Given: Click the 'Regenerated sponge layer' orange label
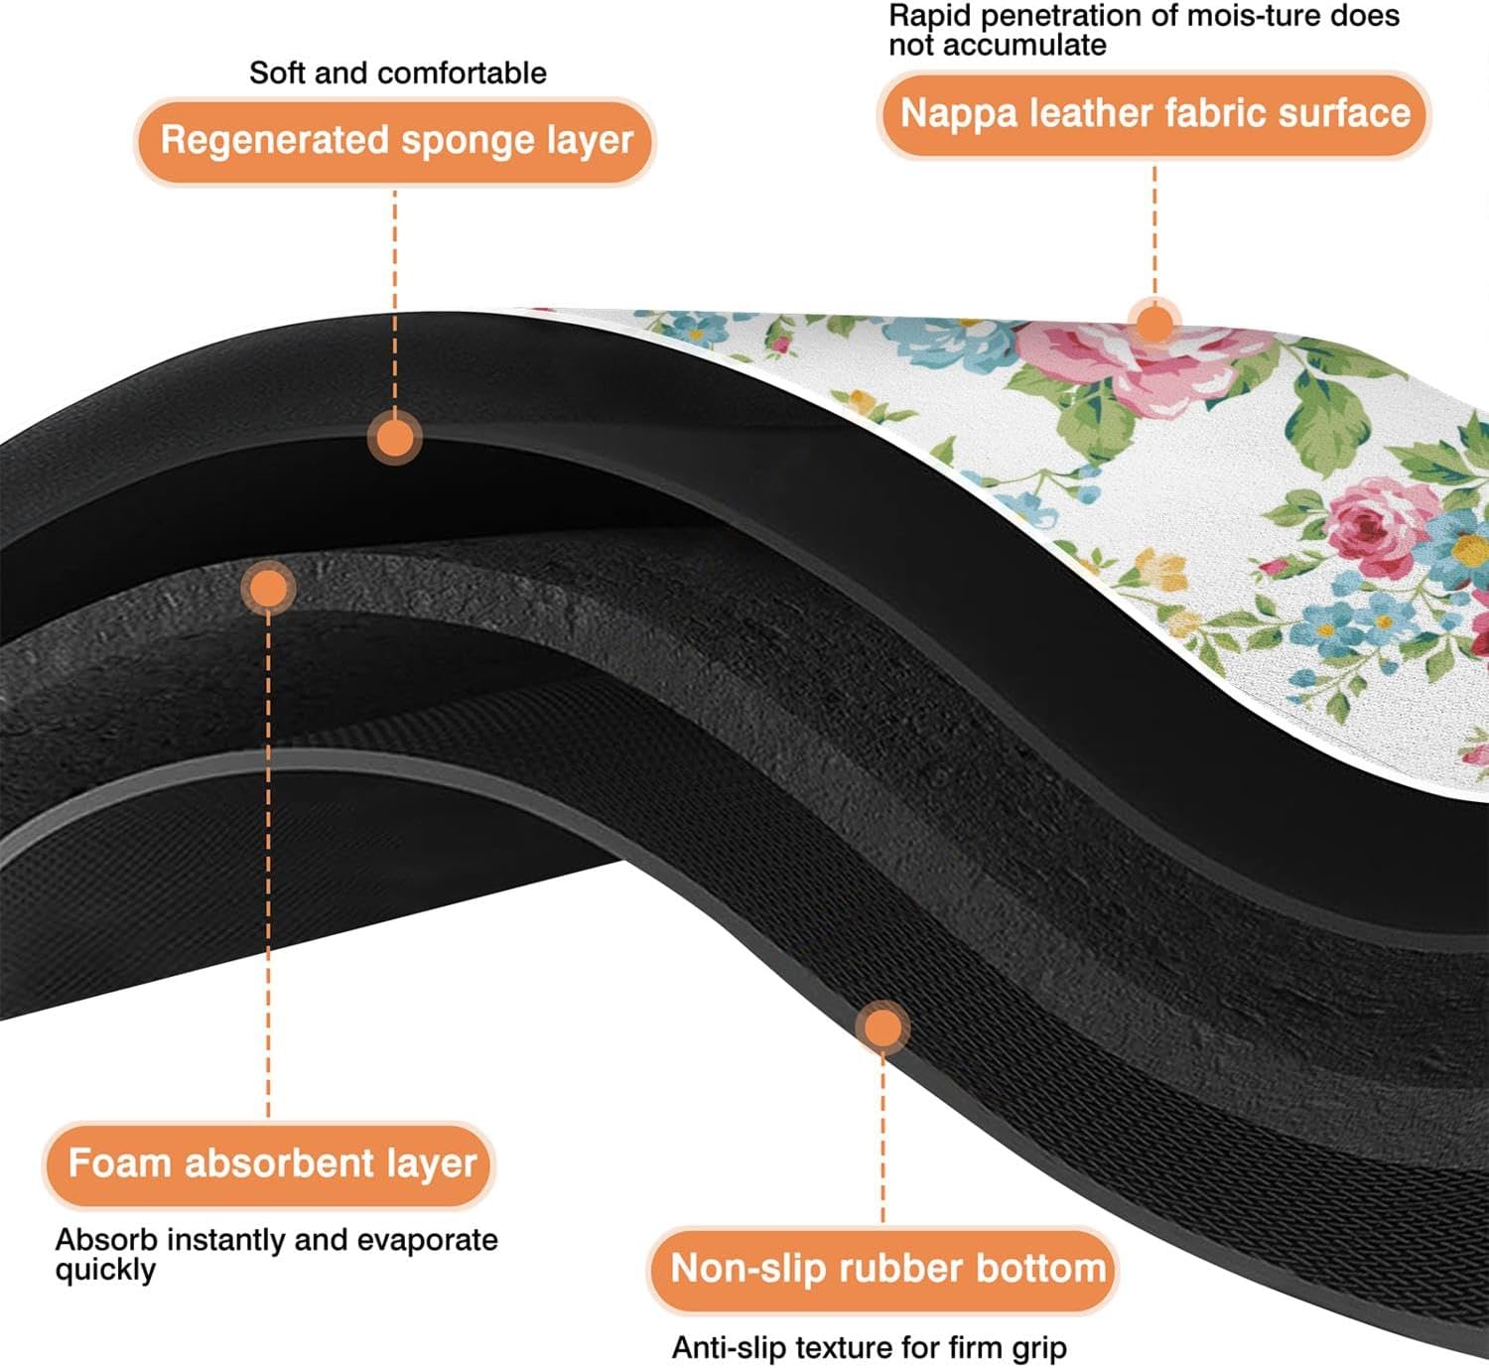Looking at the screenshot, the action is coord(395,140).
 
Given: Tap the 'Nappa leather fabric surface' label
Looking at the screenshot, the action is coord(1154,113).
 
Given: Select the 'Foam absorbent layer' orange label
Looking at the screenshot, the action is coord(271,1163).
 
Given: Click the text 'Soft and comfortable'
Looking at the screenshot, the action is coord(397,72).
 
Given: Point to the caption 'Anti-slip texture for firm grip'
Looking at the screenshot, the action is coord(869,1347).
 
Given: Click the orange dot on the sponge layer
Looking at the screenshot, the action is coord(395,438).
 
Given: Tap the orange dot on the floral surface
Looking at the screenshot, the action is coord(1153,324).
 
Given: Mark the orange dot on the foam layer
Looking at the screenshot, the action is coord(268,589).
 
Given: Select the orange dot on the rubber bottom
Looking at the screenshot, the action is coord(882,1027).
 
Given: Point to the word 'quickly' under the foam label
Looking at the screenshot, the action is coord(105,1271).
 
